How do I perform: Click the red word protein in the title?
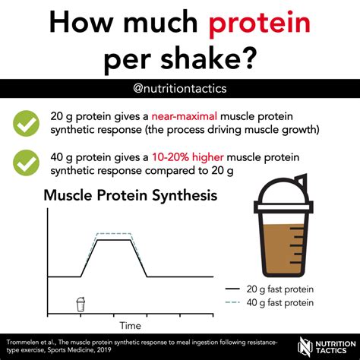260,25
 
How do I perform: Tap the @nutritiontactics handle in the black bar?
180,89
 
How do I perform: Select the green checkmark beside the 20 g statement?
26,123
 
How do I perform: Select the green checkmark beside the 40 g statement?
26,163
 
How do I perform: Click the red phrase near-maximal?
185,116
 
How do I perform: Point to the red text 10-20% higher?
188,157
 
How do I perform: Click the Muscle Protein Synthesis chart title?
131,196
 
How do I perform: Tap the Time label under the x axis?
130,325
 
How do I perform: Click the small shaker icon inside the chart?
81,304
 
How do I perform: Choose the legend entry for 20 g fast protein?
269,289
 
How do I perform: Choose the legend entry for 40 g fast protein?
269,302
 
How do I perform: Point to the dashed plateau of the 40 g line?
114,233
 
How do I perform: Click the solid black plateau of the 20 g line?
114,239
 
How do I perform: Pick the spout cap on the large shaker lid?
302,180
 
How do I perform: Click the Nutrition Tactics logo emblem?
305,346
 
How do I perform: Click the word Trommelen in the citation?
20,343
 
